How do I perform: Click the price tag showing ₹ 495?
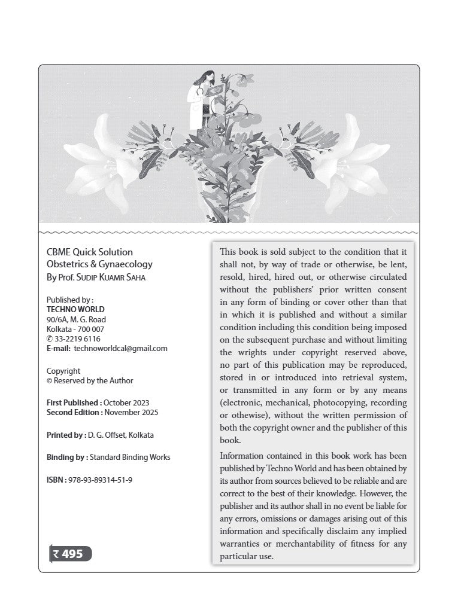pos(71,554)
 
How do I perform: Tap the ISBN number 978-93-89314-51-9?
pos(100,480)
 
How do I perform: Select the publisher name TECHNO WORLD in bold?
pos(75,310)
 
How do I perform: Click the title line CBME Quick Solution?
pos(90,252)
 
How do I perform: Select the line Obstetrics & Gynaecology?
pos(99,264)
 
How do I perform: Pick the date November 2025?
pos(131,412)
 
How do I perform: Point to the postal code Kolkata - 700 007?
pos(75,329)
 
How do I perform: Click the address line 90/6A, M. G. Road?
pos(76,319)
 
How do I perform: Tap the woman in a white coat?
pos(198,102)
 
